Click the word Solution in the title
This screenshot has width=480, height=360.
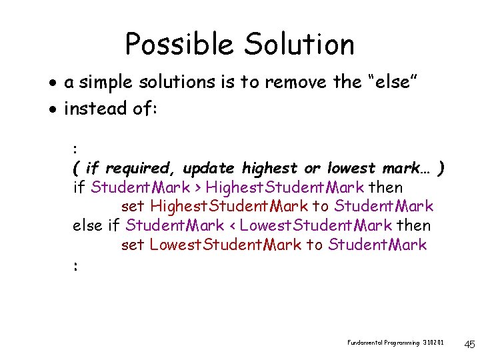click(299, 45)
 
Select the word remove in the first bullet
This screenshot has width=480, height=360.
click(295, 83)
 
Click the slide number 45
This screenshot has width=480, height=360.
click(469, 345)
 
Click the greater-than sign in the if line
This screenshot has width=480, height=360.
click(197, 187)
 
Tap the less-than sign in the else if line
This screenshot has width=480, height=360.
click(233, 226)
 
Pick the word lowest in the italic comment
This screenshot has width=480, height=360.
click(351, 167)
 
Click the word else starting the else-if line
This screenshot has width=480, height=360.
click(87, 225)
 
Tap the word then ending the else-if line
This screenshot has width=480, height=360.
click(414, 225)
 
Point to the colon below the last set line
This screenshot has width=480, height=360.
click(76, 265)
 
